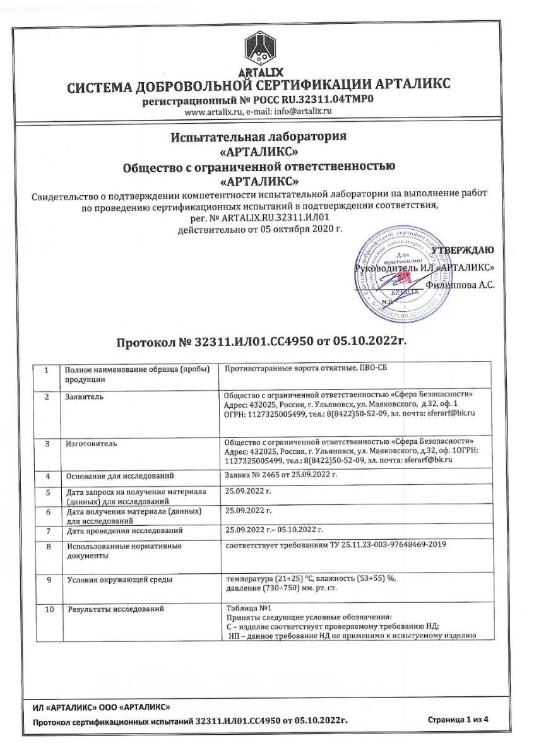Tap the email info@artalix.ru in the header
[304, 111]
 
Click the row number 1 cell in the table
[47, 370]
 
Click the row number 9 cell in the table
[47, 579]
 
